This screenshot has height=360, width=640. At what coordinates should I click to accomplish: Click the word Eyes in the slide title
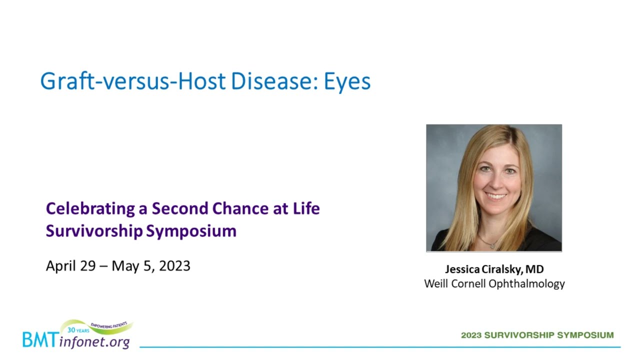point(347,82)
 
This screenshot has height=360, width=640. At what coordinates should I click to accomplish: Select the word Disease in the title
point(273,81)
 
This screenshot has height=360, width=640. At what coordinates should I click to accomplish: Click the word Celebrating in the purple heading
point(90,209)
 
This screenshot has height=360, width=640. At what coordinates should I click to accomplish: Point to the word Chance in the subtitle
point(240,208)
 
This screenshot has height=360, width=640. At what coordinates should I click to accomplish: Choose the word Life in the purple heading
point(306,208)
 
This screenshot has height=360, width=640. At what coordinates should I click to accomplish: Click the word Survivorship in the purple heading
point(94,231)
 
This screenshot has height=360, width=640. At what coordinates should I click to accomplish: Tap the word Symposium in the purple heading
point(191,231)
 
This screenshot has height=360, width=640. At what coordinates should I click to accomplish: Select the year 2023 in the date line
point(174,266)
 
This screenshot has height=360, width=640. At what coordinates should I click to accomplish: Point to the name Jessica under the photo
point(462,269)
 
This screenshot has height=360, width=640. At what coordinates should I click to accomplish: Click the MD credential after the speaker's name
point(534,269)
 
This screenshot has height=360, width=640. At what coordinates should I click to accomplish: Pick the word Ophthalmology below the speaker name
point(526,284)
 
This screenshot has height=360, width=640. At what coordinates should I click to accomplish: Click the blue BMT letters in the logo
point(41,339)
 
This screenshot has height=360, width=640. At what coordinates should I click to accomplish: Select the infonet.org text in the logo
point(94,342)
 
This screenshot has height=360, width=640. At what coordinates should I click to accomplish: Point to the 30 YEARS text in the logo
point(78,330)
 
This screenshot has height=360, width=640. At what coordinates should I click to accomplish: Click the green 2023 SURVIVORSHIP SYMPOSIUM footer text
point(537,335)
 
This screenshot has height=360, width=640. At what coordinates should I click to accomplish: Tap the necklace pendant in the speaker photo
point(492,245)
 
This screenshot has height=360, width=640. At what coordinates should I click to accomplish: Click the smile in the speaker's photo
point(496,196)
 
